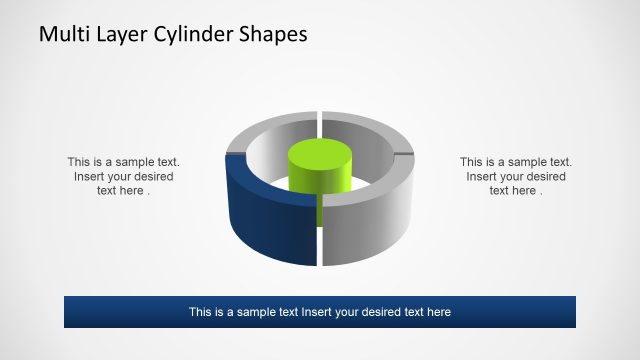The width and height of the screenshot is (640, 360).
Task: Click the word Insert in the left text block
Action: tap(91, 176)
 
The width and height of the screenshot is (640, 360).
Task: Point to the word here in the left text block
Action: tap(131, 191)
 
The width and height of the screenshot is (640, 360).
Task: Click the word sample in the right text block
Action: tap(525, 161)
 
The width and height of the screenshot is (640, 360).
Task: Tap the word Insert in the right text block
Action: tap(483, 176)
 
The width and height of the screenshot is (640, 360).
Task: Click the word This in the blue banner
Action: tap(201, 312)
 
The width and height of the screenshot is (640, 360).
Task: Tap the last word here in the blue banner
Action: tap(438, 312)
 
